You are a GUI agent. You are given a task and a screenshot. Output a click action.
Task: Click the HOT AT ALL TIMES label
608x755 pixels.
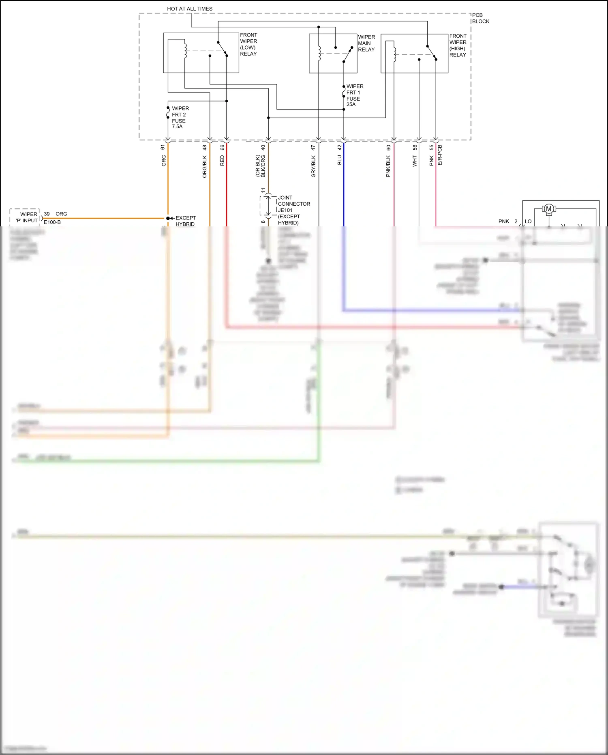coord(190,9)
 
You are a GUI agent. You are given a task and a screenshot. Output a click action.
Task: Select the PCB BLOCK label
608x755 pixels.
coord(480,18)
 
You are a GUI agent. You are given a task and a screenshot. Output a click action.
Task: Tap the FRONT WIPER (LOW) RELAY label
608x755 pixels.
coord(248,44)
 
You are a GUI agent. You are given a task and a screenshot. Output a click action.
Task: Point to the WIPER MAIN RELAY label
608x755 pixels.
coord(366,43)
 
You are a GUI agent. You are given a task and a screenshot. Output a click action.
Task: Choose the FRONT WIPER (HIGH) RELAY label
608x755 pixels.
coord(458,45)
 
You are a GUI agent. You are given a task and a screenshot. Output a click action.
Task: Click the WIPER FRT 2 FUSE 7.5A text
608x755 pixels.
coord(180,117)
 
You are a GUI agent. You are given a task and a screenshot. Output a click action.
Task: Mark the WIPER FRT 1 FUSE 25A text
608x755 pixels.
coord(355,95)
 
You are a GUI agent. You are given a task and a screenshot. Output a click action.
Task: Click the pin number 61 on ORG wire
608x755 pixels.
coord(163,147)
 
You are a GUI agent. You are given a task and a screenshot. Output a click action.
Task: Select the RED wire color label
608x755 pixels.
coord(222,161)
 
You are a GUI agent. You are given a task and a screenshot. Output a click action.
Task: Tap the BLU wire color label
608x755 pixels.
coord(340,160)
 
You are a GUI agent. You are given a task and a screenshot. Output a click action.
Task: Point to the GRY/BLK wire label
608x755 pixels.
coord(313,166)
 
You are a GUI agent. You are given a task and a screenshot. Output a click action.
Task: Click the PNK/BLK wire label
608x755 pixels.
coord(388,166)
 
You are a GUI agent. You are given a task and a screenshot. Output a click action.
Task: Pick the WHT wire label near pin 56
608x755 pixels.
coord(415,161)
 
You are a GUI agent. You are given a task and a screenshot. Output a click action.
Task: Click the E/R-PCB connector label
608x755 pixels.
coord(440,155)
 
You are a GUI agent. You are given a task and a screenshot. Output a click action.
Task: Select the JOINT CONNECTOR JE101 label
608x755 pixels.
coord(293,204)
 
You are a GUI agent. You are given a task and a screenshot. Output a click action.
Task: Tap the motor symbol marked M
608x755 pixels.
coord(548,209)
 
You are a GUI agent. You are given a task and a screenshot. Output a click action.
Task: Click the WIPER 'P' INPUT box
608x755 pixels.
coord(25,217)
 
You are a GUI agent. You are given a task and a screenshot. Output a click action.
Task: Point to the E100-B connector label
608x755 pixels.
coord(52,222)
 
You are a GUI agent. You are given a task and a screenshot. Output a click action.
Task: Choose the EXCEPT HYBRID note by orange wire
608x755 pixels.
coord(185,221)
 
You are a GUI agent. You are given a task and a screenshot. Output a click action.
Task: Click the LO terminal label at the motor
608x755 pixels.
coord(528,222)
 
